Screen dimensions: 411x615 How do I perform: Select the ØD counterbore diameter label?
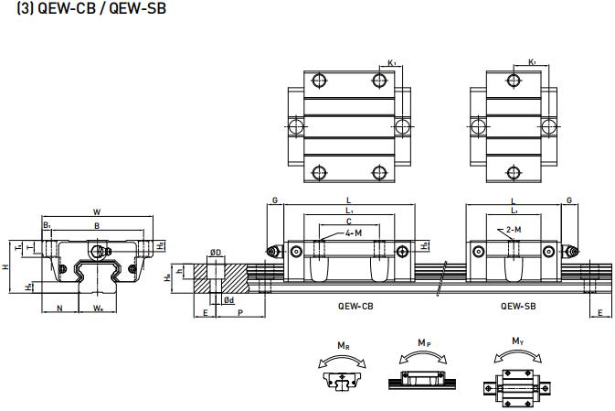click(216, 252)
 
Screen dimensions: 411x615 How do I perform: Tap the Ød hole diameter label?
click(229, 299)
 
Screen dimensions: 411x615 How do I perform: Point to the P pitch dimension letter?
click(239, 312)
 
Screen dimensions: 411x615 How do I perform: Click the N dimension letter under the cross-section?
click(60, 308)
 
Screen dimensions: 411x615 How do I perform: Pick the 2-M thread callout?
click(514, 230)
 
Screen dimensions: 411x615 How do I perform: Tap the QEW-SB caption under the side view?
click(517, 307)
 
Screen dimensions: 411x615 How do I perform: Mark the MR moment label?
click(342, 345)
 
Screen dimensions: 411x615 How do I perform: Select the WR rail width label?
click(98, 308)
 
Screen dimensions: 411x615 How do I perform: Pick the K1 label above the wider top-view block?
click(391, 62)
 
